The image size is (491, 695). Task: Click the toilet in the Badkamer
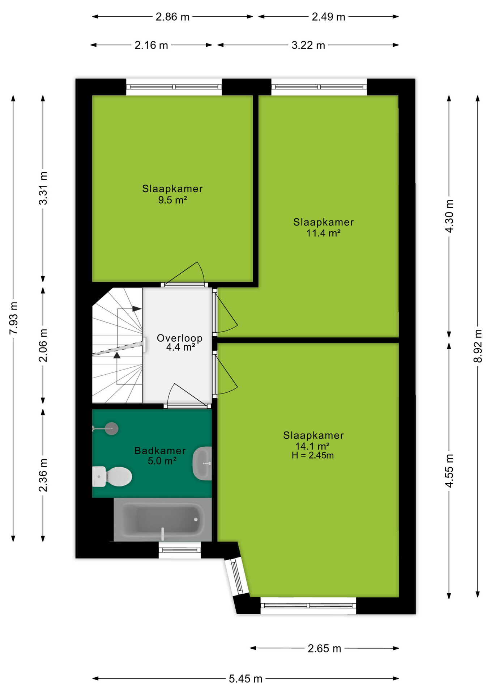[x=112, y=476]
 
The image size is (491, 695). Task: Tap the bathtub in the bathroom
[x=163, y=520]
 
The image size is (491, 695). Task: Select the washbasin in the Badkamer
[x=202, y=463]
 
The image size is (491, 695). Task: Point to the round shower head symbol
[x=111, y=429]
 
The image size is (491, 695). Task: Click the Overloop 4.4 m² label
[x=180, y=342]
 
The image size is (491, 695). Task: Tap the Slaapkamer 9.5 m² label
[x=172, y=194]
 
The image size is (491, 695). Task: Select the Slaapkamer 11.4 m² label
[x=324, y=227]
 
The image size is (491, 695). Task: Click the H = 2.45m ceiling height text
[x=313, y=455]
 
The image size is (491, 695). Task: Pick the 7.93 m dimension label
[x=13, y=318]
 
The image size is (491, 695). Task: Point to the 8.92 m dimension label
[x=478, y=346]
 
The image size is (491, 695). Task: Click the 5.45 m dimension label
[x=245, y=679]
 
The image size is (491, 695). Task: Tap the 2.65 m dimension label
[x=324, y=648]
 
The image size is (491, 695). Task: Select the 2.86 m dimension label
[x=172, y=17]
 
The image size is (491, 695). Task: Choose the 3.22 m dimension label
[x=308, y=45]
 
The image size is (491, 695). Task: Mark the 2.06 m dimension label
[x=43, y=345]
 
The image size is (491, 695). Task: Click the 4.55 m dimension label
[x=449, y=471]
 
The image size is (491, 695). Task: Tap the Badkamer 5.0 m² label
[x=160, y=456]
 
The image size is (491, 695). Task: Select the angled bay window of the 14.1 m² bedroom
[x=237, y=576]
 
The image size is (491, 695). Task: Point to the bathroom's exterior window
[x=180, y=550]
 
